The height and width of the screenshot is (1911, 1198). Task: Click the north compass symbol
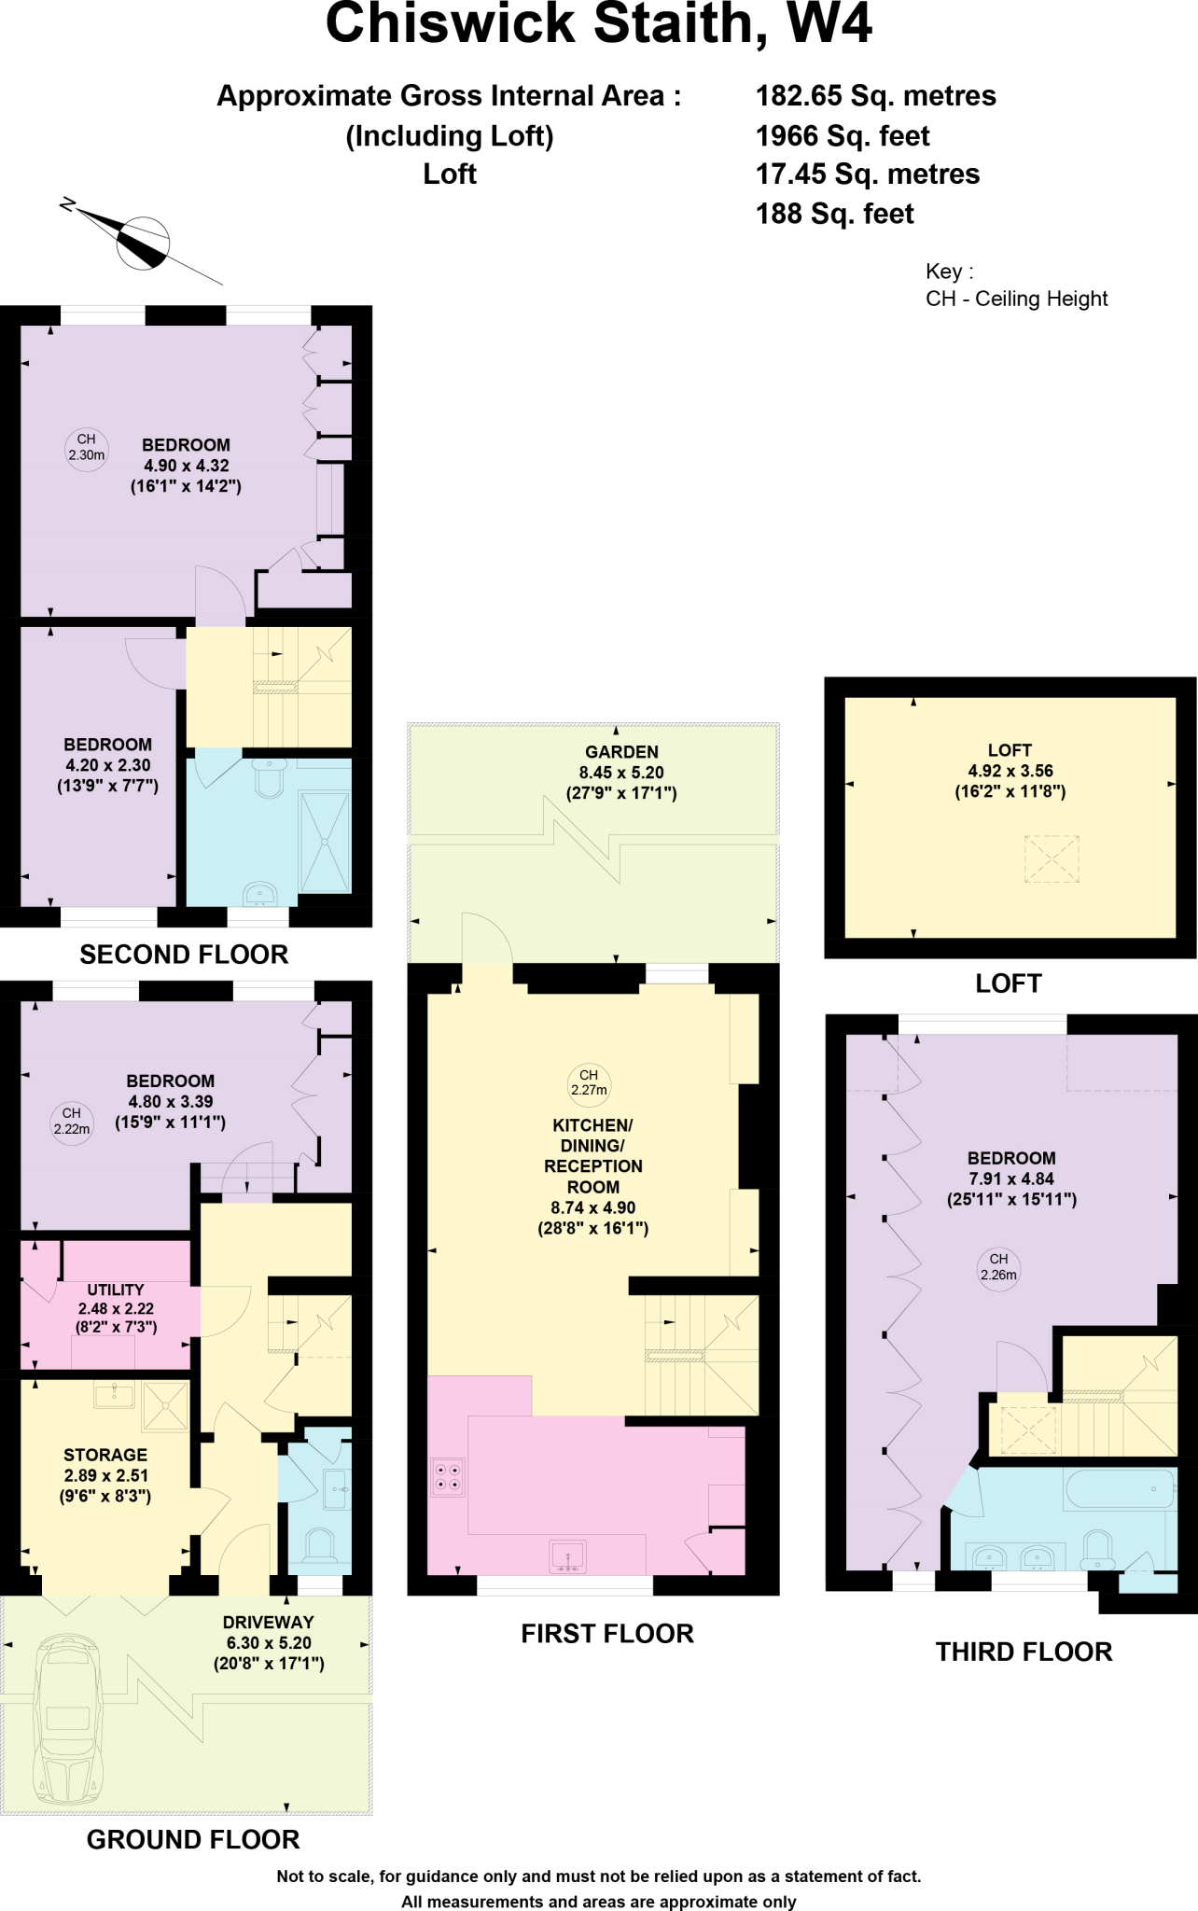tap(142, 242)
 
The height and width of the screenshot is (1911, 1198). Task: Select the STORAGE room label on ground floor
tap(105, 1455)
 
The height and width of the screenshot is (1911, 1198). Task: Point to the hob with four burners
tap(447, 1477)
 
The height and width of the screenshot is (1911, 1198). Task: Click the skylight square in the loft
tap(1052, 858)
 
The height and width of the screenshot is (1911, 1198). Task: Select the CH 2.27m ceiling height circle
tap(589, 1081)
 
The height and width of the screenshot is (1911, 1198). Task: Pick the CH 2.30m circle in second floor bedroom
tap(86, 447)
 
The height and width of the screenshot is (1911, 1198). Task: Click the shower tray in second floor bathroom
tap(326, 842)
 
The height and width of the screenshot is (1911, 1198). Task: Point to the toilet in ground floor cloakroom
tap(319, 1546)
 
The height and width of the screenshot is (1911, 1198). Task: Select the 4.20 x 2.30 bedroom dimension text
tap(107, 765)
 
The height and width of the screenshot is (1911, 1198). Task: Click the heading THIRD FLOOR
tap(1024, 1652)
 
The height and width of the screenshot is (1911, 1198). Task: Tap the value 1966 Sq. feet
tap(842, 136)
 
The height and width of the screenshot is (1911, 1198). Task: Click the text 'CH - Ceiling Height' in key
tap(1016, 300)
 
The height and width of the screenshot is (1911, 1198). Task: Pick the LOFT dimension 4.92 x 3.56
tap(1010, 771)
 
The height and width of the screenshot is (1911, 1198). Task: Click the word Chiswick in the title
tap(450, 25)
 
